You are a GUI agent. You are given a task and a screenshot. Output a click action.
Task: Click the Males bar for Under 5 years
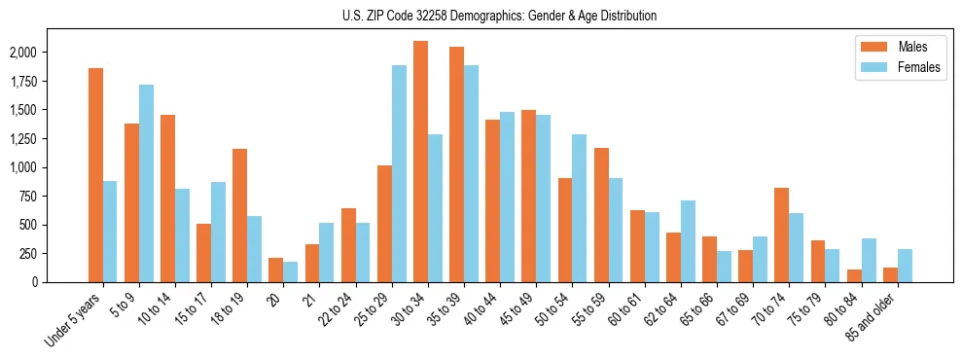pos(95,175)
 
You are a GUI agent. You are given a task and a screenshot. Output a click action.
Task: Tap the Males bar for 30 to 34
pos(420,162)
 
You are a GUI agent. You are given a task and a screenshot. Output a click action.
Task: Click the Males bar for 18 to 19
pos(239,215)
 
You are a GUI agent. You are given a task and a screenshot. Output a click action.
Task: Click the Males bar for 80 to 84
pos(854,275)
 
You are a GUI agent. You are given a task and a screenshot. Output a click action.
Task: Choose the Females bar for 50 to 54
pos(580,208)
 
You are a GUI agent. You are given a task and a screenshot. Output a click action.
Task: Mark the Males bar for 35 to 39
pos(456,164)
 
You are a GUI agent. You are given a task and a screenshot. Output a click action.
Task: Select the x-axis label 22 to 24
pos(338,311)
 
